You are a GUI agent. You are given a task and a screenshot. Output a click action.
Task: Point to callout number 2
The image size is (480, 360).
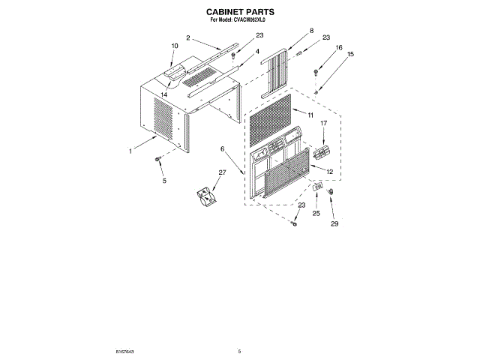[187, 37]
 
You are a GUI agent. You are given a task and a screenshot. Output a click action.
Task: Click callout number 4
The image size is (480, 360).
[257, 51]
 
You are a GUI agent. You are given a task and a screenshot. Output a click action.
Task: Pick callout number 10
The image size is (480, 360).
[174, 46]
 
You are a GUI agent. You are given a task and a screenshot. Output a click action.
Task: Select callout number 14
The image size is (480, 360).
[163, 94]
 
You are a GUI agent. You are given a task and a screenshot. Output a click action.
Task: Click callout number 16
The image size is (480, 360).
[338, 46]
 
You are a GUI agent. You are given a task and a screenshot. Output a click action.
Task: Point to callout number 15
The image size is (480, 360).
[350, 54]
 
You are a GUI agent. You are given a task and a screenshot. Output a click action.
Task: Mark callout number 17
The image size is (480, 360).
[324, 123]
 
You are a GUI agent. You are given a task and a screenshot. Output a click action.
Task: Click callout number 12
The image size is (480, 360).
[329, 172]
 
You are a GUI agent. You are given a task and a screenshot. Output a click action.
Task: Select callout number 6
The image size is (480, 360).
[223, 149]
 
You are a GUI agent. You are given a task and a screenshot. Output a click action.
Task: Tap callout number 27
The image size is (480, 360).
[222, 172]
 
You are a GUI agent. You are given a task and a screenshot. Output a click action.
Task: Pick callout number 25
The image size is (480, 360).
[316, 214]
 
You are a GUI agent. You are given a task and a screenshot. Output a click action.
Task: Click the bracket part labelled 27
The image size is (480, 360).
[204, 196]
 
